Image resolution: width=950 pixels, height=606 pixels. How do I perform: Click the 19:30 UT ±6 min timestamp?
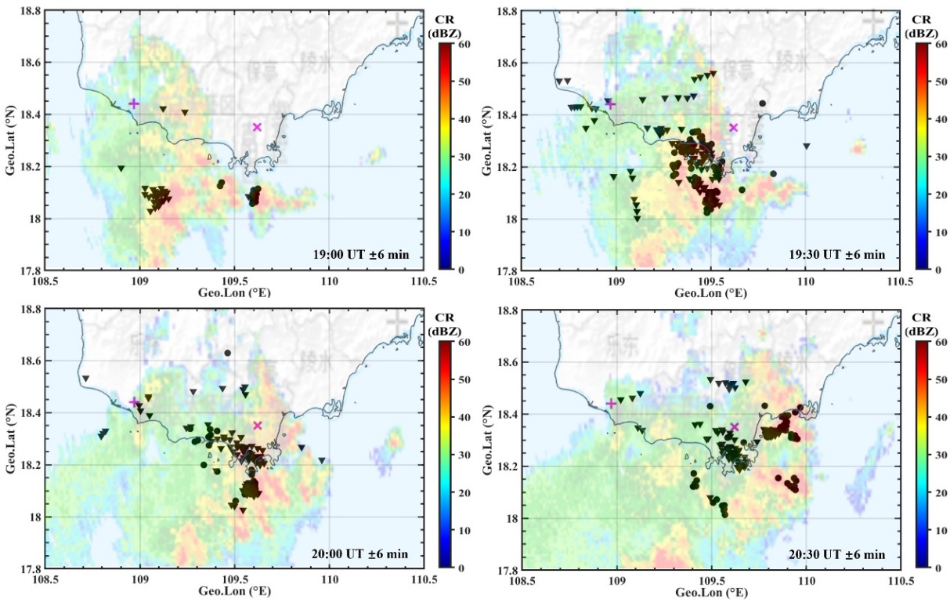tap(838, 255)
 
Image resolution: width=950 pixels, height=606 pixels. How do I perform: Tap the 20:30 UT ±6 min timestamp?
tap(838, 554)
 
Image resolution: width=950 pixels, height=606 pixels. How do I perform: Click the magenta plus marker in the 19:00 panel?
tap(134, 103)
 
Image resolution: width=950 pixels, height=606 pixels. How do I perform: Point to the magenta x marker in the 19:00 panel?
tap(257, 127)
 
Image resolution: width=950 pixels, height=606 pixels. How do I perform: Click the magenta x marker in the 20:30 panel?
tap(734, 426)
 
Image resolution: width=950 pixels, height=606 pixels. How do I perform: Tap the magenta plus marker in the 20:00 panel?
tap(134, 402)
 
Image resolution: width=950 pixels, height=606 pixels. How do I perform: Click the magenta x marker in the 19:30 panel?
tap(734, 127)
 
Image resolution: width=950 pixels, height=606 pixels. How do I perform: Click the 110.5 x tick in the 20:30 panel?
tap(900, 582)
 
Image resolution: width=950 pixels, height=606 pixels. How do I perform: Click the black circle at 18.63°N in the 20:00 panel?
tap(227, 354)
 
